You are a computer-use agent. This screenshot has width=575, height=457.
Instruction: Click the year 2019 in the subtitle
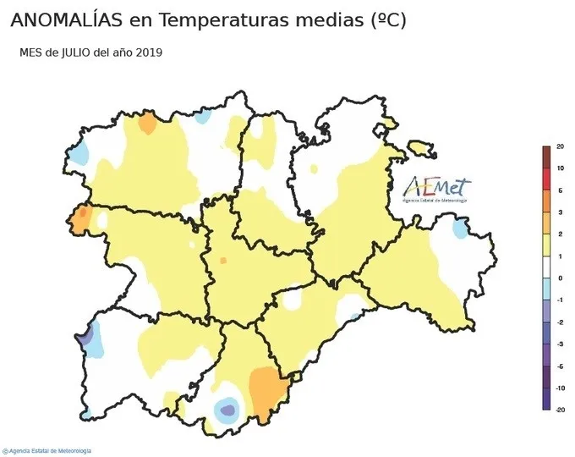149,52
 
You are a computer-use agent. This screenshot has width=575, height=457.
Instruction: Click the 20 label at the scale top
560,147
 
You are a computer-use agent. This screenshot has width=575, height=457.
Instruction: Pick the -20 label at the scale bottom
560,410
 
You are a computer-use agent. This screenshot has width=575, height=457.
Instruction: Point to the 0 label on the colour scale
560,278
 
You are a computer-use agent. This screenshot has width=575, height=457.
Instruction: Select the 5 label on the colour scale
560,190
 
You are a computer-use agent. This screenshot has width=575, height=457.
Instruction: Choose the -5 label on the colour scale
560,366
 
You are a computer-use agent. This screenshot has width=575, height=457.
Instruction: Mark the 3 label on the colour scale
560,212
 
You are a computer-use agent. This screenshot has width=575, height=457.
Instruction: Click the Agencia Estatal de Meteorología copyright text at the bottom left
48,451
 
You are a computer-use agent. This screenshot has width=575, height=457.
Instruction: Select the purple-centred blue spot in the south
227,410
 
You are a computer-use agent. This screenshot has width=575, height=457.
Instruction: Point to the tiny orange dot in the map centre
223,261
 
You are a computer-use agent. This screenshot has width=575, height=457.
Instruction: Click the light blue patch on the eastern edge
460,228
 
